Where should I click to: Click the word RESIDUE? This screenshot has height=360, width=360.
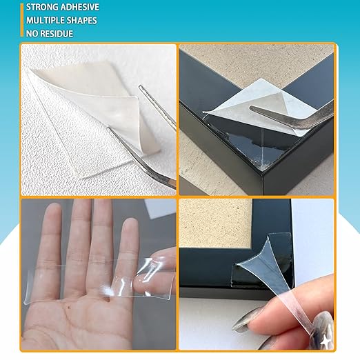(58, 33)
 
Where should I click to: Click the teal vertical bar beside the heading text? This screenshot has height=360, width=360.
(22, 20)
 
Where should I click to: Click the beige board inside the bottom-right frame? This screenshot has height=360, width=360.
(214, 221)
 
